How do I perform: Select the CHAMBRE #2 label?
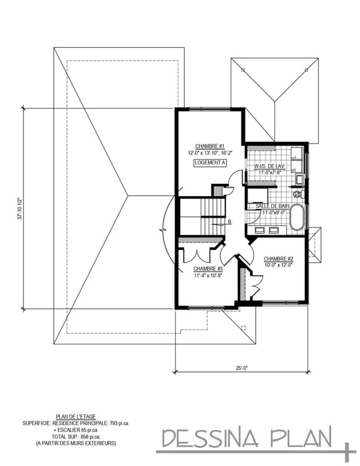click(x=278, y=258)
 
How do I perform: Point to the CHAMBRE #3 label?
click(x=208, y=268)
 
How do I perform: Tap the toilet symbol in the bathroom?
click(x=298, y=194)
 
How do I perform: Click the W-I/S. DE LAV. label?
click(x=269, y=167)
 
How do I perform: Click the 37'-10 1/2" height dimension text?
click(x=19, y=208)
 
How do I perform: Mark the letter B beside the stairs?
click(x=230, y=223)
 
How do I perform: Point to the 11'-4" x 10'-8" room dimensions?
click(x=208, y=275)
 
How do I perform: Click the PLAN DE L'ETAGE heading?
click(x=76, y=416)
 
